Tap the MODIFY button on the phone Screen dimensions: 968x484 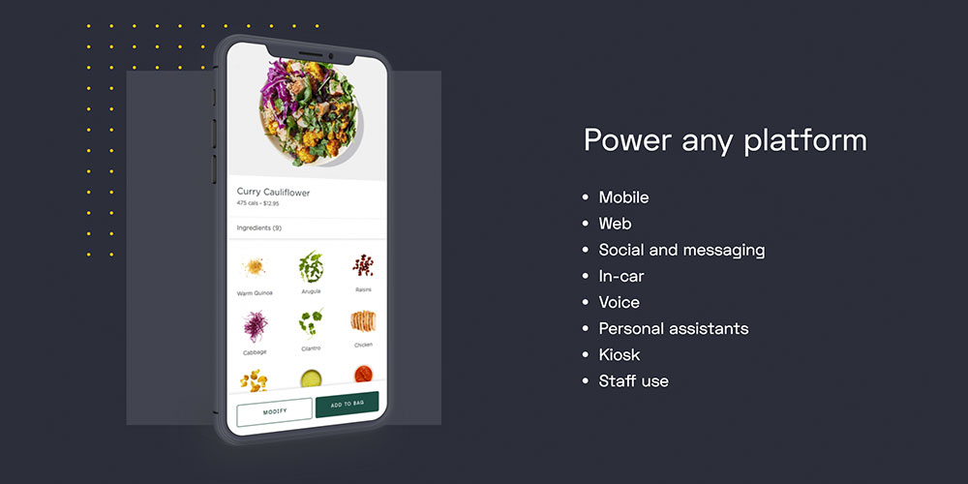[x=274, y=411]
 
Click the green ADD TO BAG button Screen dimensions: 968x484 [x=347, y=405]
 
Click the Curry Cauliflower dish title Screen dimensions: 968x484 [x=273, y=193]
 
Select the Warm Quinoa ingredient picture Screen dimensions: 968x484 [x=254, y=267]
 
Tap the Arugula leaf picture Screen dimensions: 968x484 [x=311, y=267]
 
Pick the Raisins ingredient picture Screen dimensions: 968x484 [x=363, y=265]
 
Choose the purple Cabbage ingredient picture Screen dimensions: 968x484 [x=255, y=326]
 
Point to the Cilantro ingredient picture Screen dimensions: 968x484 [x=311, y=322]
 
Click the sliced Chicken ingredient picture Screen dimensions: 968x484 [x=363, y=321]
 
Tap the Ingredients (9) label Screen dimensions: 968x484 [x=258, y=227]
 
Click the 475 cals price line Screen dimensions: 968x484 [x=257, y=203]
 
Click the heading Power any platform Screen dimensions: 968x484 [x=725, y=140]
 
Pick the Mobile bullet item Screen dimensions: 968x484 [x=623, y=197]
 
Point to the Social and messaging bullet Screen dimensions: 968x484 [x=681, y=250]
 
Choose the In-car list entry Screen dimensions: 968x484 [x=621, y=276]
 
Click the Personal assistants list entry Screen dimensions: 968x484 [x=674, y=328]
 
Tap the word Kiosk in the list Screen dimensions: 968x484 [x=620, y=355]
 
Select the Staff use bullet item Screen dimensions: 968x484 [x=633, y=380]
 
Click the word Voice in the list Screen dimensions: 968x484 [x=620, y=302]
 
